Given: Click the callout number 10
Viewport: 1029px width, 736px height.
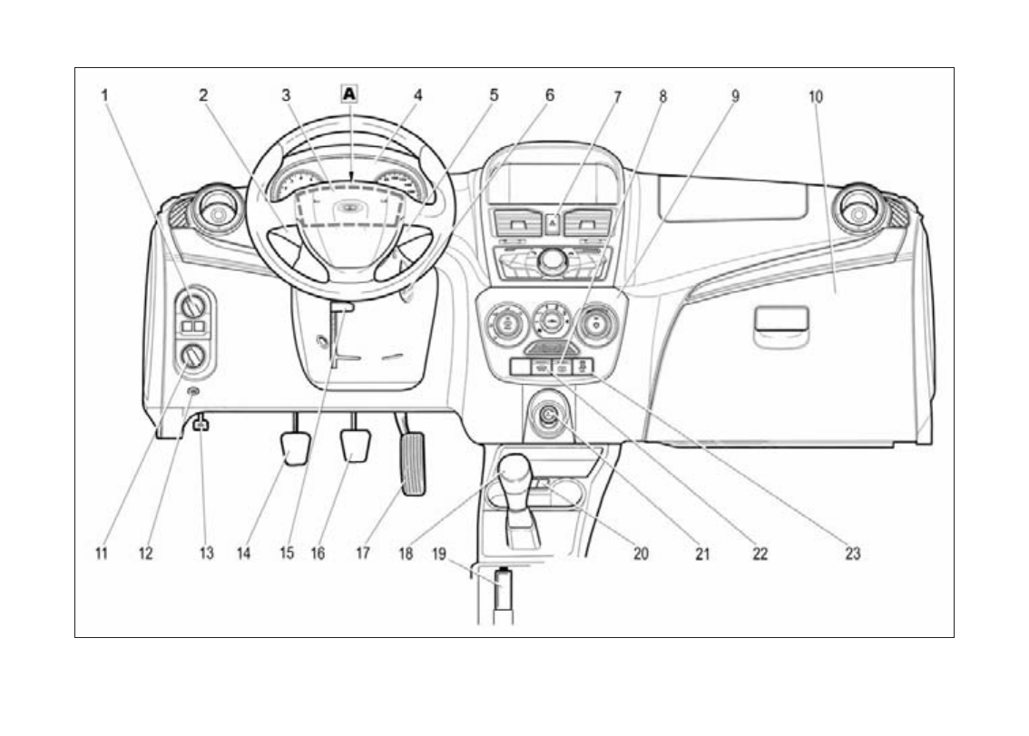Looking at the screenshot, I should (816, 95).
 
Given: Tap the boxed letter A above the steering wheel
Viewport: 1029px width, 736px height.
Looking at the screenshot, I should (350, 93).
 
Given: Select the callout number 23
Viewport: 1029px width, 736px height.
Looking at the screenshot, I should (852, 553).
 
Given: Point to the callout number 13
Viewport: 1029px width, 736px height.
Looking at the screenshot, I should (207, 553).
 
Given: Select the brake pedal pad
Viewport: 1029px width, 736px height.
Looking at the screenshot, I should (355, 445).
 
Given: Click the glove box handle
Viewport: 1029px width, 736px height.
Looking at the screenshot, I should (780, 319).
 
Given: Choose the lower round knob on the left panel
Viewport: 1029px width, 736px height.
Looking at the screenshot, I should (192, 358).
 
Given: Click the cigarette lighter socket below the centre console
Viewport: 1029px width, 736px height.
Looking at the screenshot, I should (549, 415).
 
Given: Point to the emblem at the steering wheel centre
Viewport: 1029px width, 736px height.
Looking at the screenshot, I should (348, 208).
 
